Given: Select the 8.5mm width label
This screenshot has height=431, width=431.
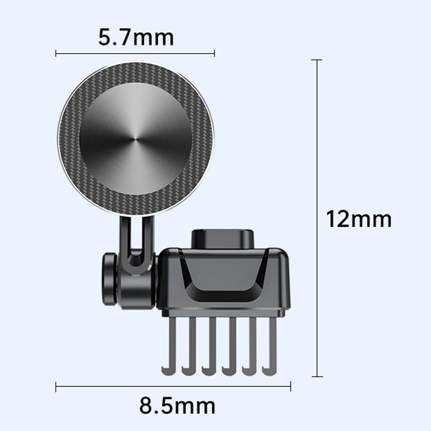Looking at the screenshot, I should pos(177,406).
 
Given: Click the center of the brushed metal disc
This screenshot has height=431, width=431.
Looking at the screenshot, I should pos(136,139).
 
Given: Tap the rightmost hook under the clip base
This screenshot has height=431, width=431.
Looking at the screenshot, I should pos(272,344).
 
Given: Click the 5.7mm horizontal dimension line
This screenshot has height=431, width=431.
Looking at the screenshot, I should pos(136,53).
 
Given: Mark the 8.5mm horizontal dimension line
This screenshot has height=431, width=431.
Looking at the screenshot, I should pos(173,386).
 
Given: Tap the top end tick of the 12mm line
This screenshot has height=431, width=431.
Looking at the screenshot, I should pos(317,60).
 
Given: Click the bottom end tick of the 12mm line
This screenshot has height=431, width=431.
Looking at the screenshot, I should pos(317,376).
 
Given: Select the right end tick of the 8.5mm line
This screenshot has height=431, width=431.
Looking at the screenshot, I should pos(290,386).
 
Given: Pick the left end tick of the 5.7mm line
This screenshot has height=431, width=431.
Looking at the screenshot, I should pos(56,53).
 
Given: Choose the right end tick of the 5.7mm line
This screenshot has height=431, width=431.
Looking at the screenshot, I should pos(214,53).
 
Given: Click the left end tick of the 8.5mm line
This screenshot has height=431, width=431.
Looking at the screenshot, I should pos(56,386).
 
